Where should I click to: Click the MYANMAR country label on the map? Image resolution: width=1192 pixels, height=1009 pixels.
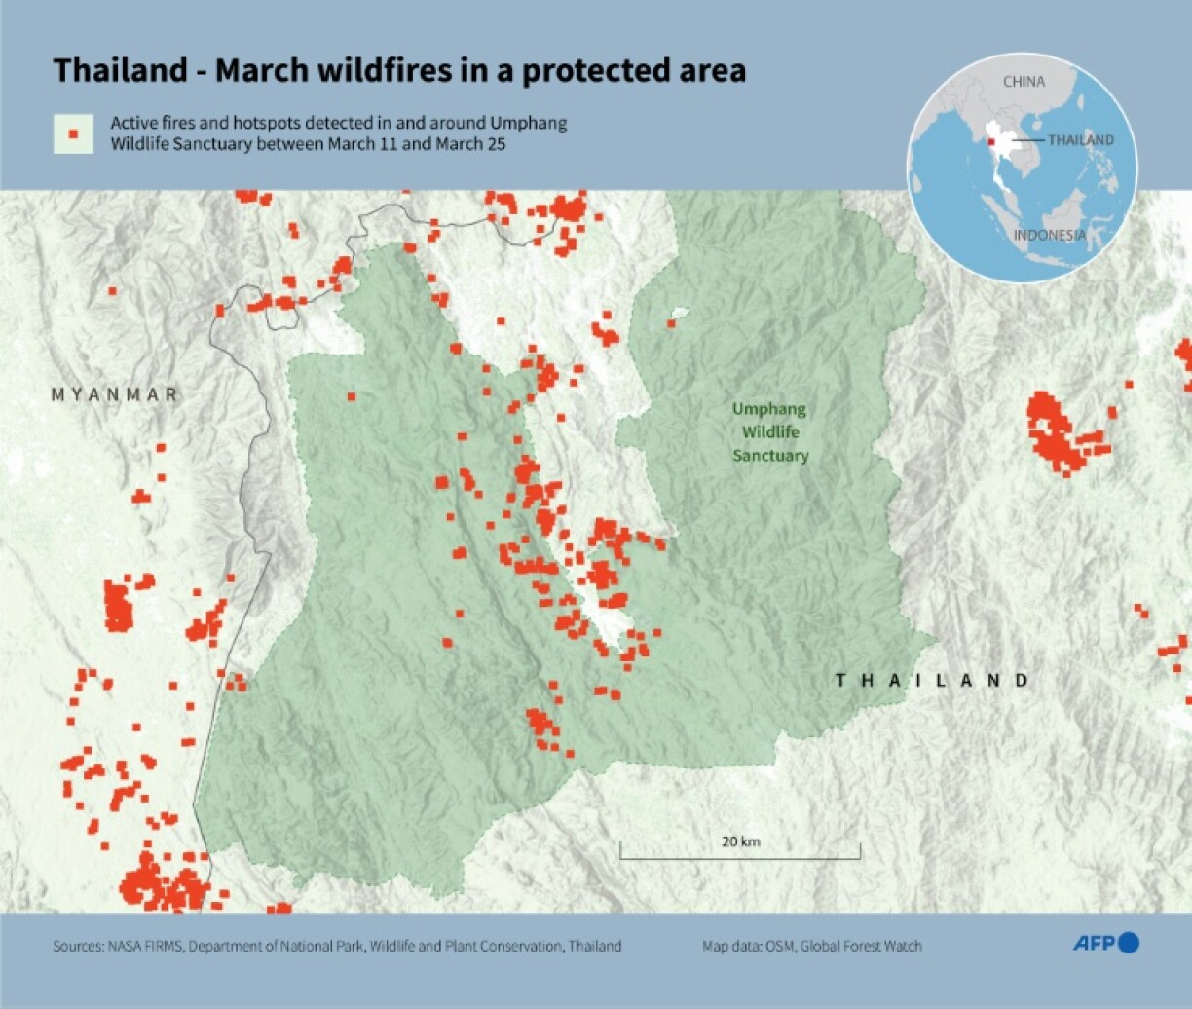(115, 394)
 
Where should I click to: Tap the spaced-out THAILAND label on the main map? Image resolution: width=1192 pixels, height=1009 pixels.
(932, 680)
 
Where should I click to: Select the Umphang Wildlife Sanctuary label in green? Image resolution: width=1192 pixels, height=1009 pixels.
(769, 432)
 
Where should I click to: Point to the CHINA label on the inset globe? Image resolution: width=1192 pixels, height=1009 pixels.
(1024, 82)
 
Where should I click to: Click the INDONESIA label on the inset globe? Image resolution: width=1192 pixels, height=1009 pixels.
(1050, 235)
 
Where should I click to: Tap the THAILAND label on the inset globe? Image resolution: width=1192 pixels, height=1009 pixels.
(1081, 140)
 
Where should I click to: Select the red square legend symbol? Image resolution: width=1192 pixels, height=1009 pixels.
(73, 133)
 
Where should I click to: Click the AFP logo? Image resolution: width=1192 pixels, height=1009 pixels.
(1105, 942)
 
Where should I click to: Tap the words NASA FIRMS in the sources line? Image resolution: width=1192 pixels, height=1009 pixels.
(142, 946)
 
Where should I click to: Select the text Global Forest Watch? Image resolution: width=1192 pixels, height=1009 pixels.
(861, 946)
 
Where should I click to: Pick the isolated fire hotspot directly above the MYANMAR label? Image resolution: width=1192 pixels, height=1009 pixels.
(113, 290)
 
